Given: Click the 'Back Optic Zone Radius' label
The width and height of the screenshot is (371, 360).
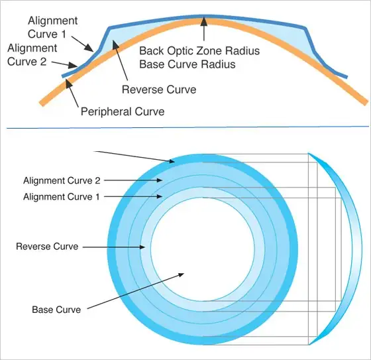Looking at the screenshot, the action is click(x=199, y=50).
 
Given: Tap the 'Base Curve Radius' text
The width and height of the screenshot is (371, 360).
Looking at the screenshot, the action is click(x=187, y=64).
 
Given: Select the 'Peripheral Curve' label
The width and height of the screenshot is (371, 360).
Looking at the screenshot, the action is click(x=123, y=111).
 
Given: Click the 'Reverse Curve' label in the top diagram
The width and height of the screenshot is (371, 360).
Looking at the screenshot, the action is click(x=159, y=90).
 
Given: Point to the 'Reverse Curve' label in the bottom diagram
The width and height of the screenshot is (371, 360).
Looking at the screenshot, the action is click(x=47, y=247).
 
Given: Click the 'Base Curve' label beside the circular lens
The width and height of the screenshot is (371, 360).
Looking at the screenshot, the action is click(x=56, y=310).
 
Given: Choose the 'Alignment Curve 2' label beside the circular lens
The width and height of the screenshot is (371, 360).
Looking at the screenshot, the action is click(x=62, y=180).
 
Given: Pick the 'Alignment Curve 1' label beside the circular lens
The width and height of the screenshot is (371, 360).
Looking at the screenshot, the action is click(x=61, y=197).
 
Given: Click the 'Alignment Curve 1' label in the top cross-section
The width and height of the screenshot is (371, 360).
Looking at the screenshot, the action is click(x=52, y=27).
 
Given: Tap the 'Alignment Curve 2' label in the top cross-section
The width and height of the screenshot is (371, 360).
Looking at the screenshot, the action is click(x=32, y=55).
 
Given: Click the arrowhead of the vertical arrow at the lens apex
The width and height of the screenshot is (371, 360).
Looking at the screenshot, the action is click(x=204, y=22).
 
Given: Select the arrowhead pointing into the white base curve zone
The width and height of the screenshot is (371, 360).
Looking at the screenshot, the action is click(x=182, y=274).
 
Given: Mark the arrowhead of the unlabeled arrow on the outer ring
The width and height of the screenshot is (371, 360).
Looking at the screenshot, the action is click(x=172, y=162).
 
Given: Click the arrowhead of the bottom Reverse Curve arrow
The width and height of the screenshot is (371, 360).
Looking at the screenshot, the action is click(x=142, y=247).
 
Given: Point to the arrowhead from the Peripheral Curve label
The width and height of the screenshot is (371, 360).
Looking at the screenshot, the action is click(x=68, y=84).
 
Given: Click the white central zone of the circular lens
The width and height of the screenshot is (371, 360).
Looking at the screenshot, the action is click(x=203, y=249).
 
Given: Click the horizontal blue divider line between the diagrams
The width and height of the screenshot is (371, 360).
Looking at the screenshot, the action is click(x=187, y=127).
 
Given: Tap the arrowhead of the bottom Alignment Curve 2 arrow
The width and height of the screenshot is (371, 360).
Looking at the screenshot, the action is click(x=159, y=180).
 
